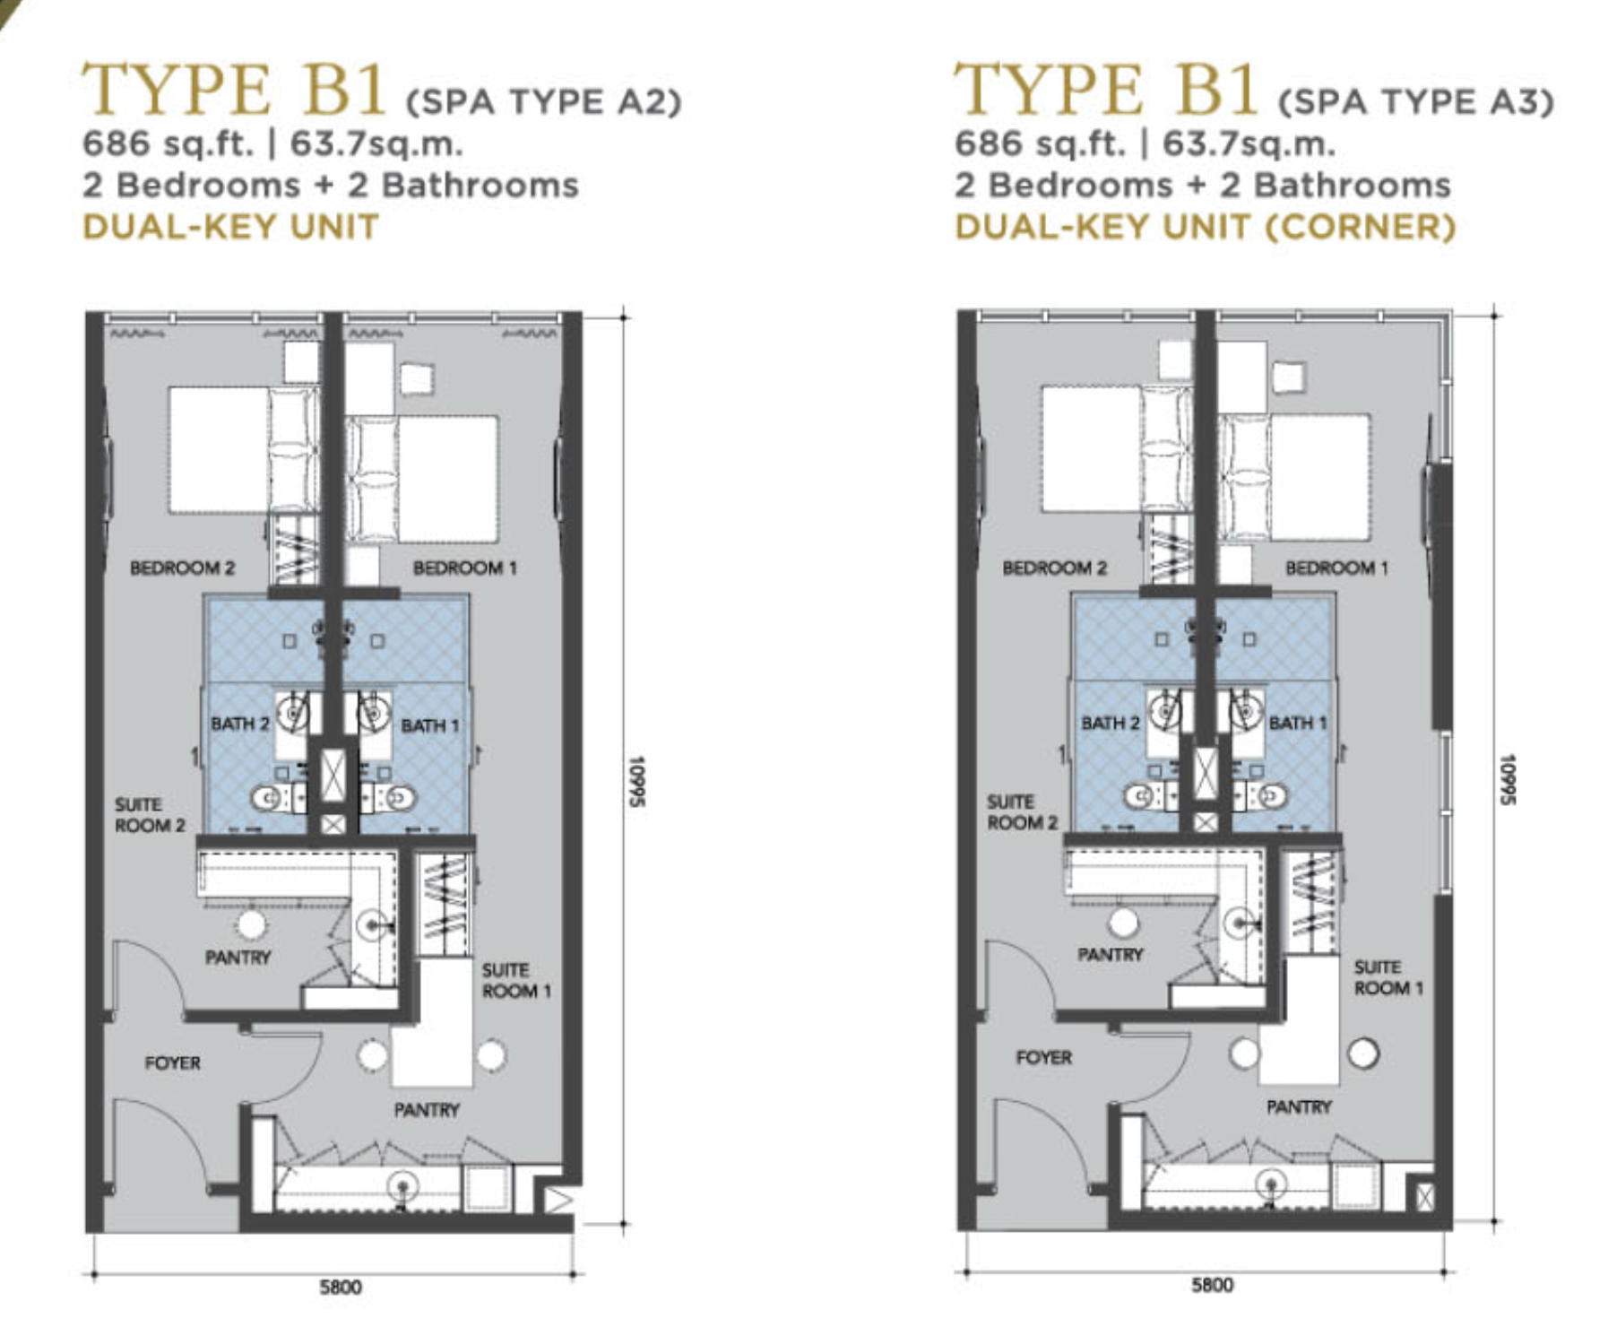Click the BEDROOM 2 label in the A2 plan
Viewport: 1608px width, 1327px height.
pyautogui.click(x=182, y=568)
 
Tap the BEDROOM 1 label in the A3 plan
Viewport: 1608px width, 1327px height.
pyautogui.click(x=1336, y=568)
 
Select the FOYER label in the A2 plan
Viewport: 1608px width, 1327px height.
pyautogui.click(x=173, y=1062)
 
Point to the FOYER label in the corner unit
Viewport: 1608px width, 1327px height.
pyautogui.click(x=1044, y=1058)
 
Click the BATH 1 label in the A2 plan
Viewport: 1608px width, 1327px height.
pyautogui.click(x=430, y=725)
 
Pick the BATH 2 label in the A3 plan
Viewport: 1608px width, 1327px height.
pyautogui.click(x=1111, y=723)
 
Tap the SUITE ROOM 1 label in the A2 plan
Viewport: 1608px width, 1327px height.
pyautogui.click(x=516, y=980)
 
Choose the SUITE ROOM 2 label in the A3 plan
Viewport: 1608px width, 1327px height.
pyautogui.click(x=1023, y=812)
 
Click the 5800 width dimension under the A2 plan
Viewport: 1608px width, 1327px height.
pyautogui.click(x=341, y=1288)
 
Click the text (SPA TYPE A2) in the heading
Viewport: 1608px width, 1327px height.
pyautogui.click(x=544, y=102)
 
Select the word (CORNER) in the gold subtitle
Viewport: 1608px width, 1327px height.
pyautogui.click(x=1360, y=227)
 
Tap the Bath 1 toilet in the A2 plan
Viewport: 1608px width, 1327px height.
pyautogui.click(x=388, y=797)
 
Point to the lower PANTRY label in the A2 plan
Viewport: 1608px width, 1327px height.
pyautogui.click(x=427, y=1110)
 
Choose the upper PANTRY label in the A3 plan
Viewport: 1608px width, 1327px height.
pyautogui.click(x=1111, y=955)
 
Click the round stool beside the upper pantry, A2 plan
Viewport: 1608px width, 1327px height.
pyautogui.click(x=251, y=924)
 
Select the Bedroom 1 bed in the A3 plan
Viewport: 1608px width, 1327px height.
pyautogui.click(x=1295, y=477)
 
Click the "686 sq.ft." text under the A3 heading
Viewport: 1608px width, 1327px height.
pyautogui.click(x=1040, y=143)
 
